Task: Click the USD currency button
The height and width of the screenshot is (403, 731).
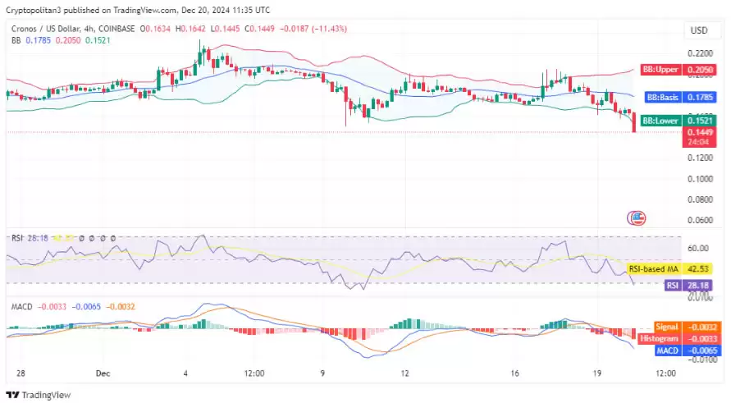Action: pyautogui.click(x=699, y=30)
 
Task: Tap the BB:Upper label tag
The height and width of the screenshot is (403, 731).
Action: pyautogui.click(x=660, y=71)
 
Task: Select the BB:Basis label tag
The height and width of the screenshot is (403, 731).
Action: pyautogui.click(x=661, y=97)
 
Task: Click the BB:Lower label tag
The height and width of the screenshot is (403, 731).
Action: pyautogui.click(x=660, y=121)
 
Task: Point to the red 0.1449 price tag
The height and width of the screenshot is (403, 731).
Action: pyautogui.click(x=699, y=132)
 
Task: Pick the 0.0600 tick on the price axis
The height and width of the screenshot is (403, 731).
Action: pyautogui.click(x=699, y=220)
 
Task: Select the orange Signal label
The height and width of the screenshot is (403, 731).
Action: pyautogui.click(x=666, y=327)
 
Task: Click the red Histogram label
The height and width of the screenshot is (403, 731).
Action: pyautogui.click(x=660, y=338)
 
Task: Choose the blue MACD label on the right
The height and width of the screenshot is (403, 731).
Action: pyautogui.click(x=666, y=350)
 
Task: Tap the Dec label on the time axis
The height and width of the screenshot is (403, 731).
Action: pyautogui.click(x=103, y=373)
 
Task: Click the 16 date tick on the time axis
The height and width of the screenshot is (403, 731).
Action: pyautogui.click(x=515, y=373)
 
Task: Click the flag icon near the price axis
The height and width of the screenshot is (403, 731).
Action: pyautogui.click(x=637, y=218)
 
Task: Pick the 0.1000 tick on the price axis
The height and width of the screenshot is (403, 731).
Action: pyautogui.click(x=699, y=178)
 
